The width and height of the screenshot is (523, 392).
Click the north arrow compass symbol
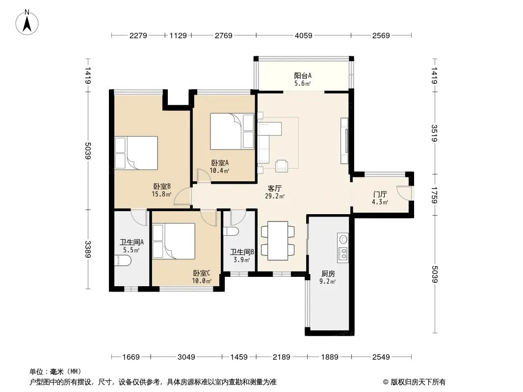click(27, 23)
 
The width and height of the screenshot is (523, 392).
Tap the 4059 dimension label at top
click(304, 35)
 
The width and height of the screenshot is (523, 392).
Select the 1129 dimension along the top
click(178, 35)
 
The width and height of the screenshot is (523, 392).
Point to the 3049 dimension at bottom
click(186, 357)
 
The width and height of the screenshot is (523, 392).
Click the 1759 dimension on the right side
click(434, 195)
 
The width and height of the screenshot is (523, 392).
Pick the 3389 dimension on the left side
click(88, 249)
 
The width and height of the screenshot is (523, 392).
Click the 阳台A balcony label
click(303, 75)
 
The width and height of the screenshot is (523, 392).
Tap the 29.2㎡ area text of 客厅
click(275, 196)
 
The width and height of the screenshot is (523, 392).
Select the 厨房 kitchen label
click(328, 274)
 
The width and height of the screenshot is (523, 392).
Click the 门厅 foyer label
click(380, 194)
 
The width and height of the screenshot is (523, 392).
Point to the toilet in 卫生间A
click(122, 261)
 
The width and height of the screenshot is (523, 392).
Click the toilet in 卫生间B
click(231, 231)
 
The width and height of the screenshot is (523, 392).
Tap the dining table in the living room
click(278, 241)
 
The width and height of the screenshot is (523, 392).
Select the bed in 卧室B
click(136, 153)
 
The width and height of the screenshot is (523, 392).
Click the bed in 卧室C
click(174, 241)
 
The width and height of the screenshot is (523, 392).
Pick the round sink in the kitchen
click(343, 239)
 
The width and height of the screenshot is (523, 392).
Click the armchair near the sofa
click(282, 166)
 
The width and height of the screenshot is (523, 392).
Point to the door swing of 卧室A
click(203, 175)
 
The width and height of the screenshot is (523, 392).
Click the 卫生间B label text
click(242, 252)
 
